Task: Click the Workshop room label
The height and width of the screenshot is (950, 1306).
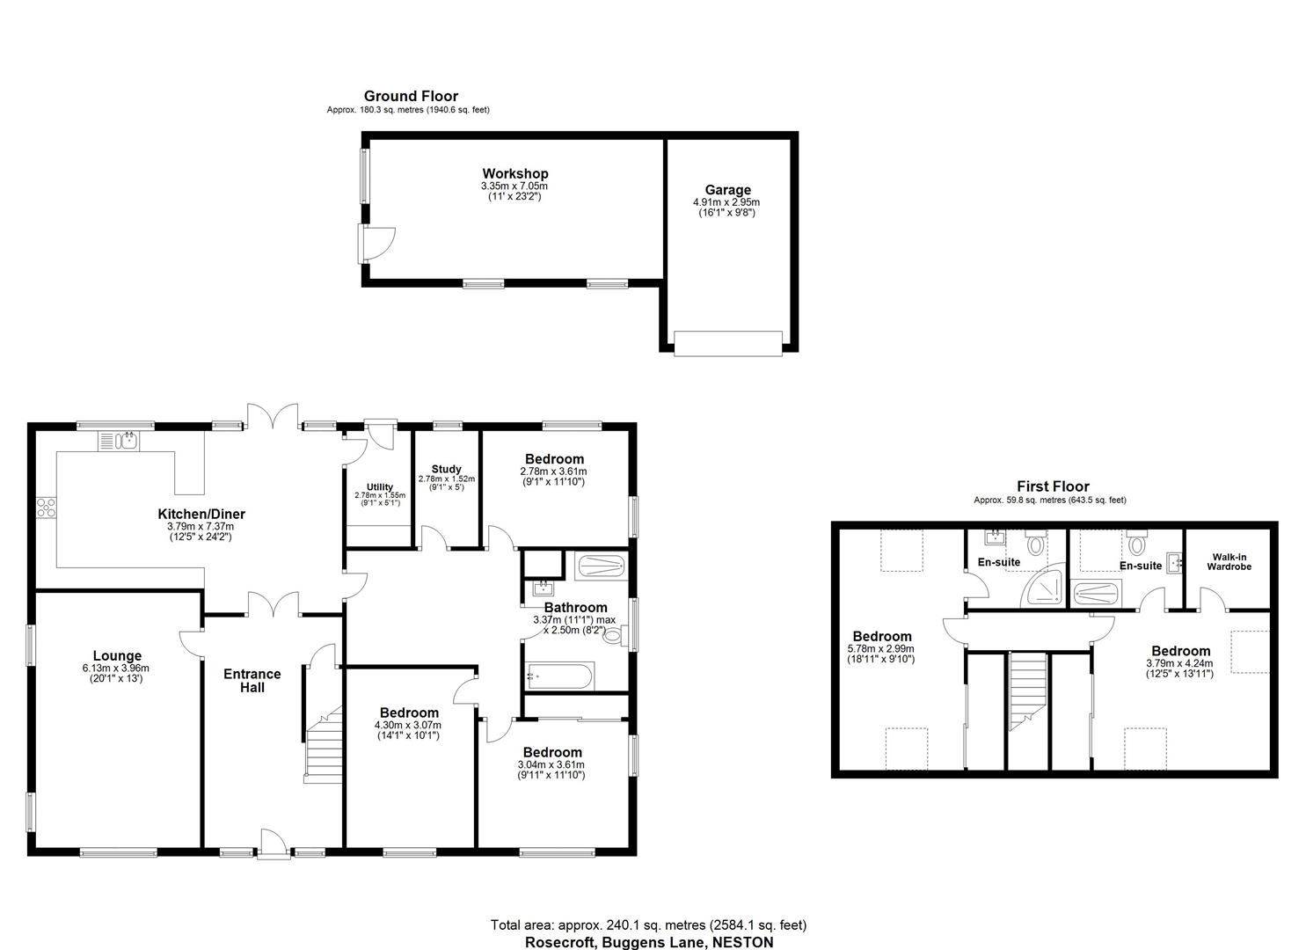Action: pyautogui.click(x=514, y=174)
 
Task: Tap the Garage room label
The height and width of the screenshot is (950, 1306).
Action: pyautogui.click(x=727, y=190)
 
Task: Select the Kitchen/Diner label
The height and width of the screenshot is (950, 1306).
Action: pyautogui.click(x=201, y=515)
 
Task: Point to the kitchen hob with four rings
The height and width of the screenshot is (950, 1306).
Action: pyautogui.click(x=46, y=508)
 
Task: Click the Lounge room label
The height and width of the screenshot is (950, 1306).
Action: pyautogui.click(x=117, y=656)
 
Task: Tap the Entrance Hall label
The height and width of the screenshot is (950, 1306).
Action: pyautogui.click(x=252, y=681)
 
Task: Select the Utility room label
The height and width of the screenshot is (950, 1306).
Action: pyautogui.click(x=380, y=486)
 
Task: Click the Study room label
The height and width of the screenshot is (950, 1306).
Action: pyautogui.click(x=446, y=470)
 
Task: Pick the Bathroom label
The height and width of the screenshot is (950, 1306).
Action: pyautogui.click(x=575, y=608)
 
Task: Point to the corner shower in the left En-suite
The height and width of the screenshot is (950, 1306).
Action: pyautogui.click(x=1046, y=589)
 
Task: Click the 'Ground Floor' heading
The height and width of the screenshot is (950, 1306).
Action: pyautogui.click(x=411, y=97)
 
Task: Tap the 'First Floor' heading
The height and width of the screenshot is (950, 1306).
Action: pyautogui.click(x=1053, y=486)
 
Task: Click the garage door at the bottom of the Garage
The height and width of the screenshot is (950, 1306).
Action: pyautogui.click(x=727, y=343)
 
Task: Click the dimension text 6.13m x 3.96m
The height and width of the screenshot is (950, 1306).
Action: pyautogui.click(x=117, y=668)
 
